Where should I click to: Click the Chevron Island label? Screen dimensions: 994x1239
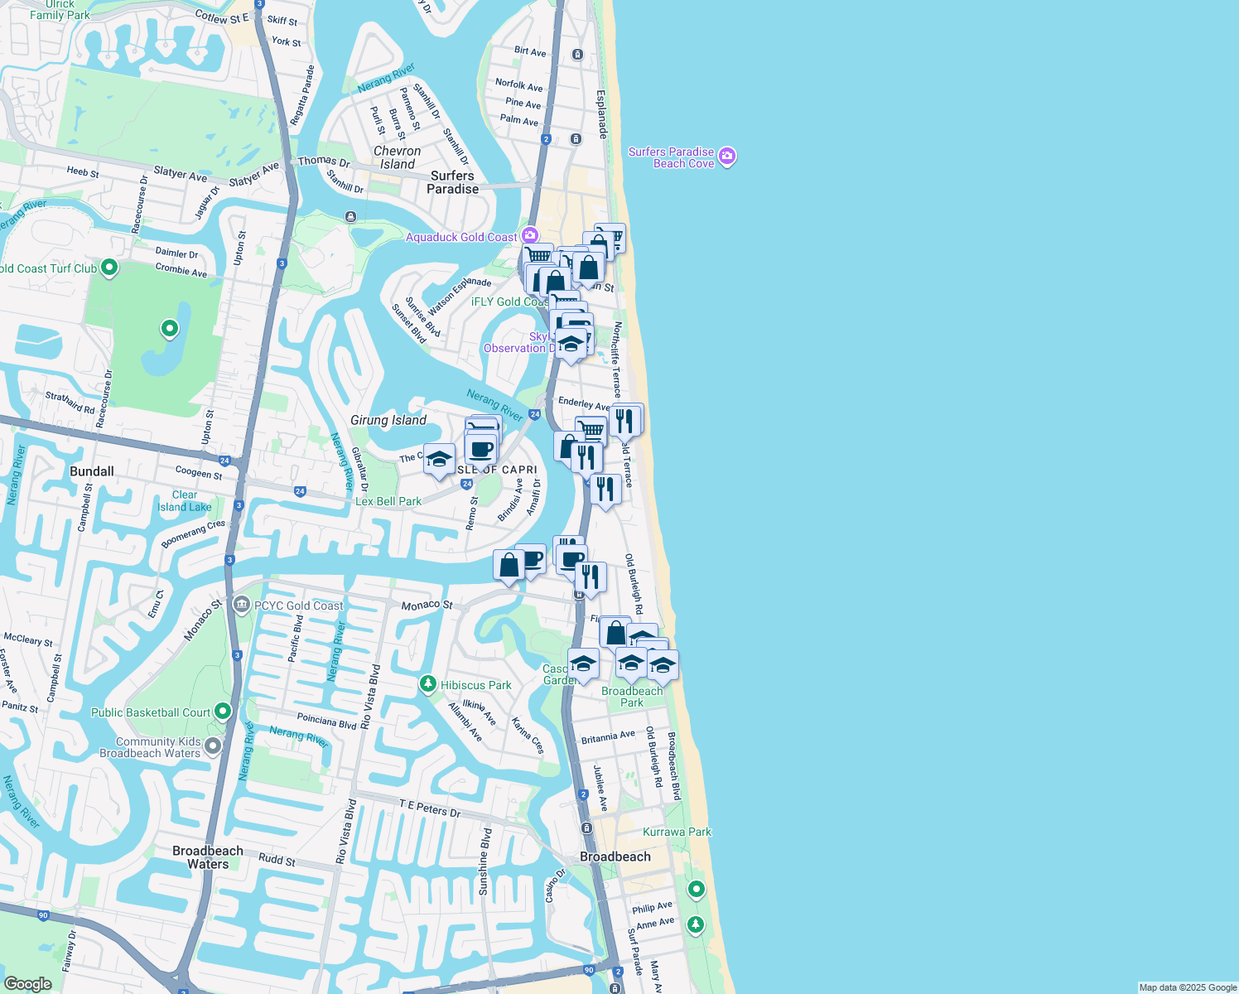coord(398,157)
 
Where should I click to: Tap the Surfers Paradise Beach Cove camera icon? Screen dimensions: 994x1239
coord(727,157)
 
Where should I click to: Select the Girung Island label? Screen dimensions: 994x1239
coord(388,420)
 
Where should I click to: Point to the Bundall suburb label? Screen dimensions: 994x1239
coord(92,471)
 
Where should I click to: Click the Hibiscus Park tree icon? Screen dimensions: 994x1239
coord(427,684)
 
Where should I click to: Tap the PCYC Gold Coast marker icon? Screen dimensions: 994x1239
coord(241,605)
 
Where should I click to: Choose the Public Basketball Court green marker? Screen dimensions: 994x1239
coord(222,711)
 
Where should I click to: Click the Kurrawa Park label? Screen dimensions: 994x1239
coord(677,832)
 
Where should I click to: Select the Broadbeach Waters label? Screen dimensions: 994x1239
coord(208,857)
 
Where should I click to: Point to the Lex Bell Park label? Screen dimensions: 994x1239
coord(388,501)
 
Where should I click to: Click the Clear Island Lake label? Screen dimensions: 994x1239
coord(185,501)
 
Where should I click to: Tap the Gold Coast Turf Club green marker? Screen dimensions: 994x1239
coord(109,268)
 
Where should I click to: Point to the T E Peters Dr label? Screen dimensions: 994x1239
coord(429,808)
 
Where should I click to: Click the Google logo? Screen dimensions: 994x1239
coord(27,983)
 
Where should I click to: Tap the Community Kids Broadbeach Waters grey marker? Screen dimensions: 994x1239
coord(213,746)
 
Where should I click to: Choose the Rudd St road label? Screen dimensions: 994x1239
coord(277,861)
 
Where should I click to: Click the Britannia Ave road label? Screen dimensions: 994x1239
coord(608,737)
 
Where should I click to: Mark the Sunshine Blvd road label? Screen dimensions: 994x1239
coord(485,861)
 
